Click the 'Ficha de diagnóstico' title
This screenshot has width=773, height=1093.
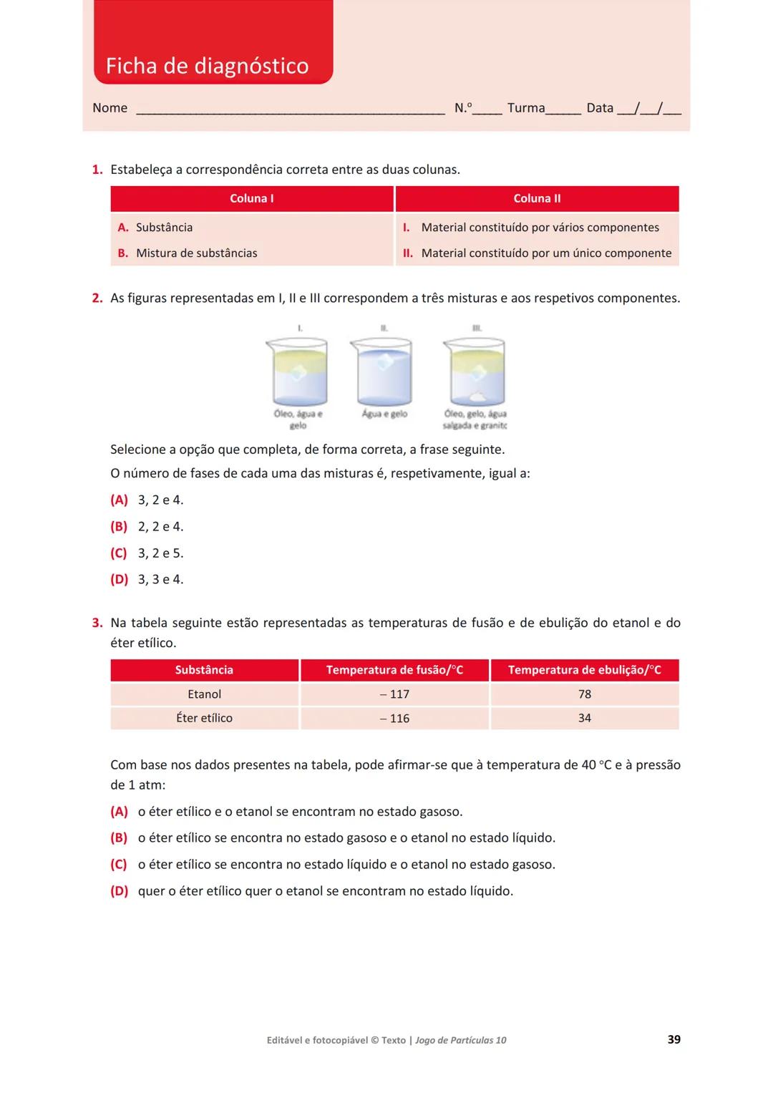(x=207, y=66)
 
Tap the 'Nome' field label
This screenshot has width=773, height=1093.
(x=110, y=108)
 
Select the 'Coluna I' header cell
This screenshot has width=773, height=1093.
(x=251, y=198)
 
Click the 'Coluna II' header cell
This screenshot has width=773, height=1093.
(x=537, y=198)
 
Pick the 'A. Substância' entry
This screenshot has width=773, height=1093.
(x=155, y=227)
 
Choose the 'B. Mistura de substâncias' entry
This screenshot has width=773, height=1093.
(x=188, y=253)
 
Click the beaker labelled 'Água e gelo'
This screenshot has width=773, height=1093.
(x=384, y=374)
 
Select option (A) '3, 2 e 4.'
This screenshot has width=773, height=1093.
(x=147, y=500)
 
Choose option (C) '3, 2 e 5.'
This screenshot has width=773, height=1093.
(x=147, y=553)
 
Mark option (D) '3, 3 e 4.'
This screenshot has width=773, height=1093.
(x=147, y=579)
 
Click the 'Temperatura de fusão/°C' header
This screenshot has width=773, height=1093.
(x=394, y=670)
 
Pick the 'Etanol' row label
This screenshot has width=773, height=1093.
(x=204, y=694)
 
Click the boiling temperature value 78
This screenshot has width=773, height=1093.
(x=584, y=694)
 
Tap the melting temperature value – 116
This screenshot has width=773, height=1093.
(x=394, y=718)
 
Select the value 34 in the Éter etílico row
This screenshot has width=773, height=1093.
(x=584, y=718)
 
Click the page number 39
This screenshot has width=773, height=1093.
(x=674, y=1039)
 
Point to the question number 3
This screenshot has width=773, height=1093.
(x=97, y=623)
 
